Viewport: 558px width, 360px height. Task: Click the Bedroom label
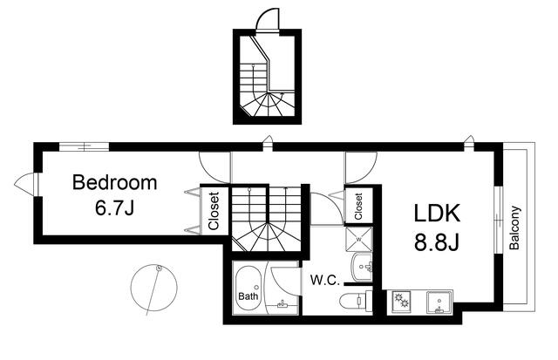coord(114,182)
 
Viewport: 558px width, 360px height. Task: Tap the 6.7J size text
coord(114,208)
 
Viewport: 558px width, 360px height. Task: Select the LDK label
coord(437,213)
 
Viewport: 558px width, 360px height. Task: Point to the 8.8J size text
coord(437,243)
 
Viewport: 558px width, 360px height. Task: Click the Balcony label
coord(514,228)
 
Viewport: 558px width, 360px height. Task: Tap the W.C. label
coord(324,280)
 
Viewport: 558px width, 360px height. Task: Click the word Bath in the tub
coord(248,296)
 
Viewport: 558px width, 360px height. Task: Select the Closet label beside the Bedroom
coord(214,211)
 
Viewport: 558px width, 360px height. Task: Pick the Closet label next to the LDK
coord(358,207)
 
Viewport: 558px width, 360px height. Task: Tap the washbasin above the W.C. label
coord(362,267)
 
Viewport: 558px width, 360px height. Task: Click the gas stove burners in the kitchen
coord(401,302)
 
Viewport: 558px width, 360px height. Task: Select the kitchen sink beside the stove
coord(439,302)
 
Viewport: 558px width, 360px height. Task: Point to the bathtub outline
coord(248,289)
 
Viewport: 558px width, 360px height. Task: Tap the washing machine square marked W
coord(358,240)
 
